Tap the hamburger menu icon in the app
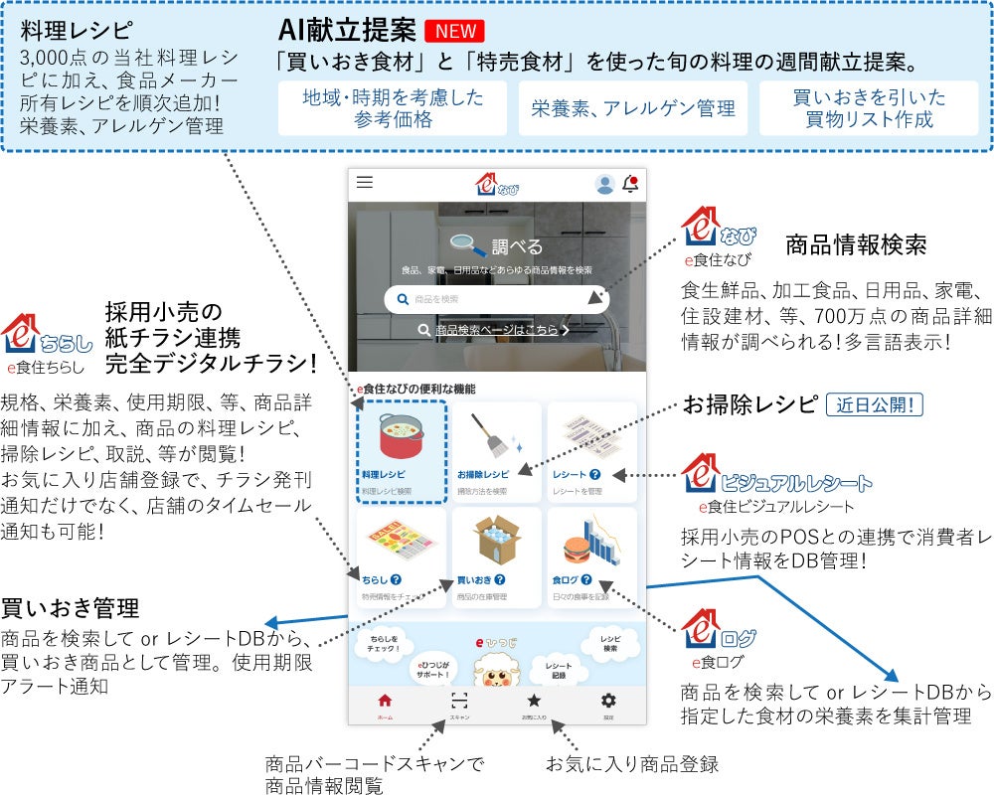point(365,183)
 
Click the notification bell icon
point(630,184)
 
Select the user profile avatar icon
point(604,184)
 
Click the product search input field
point(496,299)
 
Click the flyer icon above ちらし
point(401,543)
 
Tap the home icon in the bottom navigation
point(385,701)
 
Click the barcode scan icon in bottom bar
point(459,701)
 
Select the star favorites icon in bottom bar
point(534,701)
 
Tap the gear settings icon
point(608,701)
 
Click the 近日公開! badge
point(875,404)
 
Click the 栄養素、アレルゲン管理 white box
point(632,109)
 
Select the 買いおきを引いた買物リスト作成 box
point(870,109)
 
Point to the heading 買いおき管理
point(70,607)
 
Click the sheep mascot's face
point(496,673)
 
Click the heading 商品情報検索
point(856,244)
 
